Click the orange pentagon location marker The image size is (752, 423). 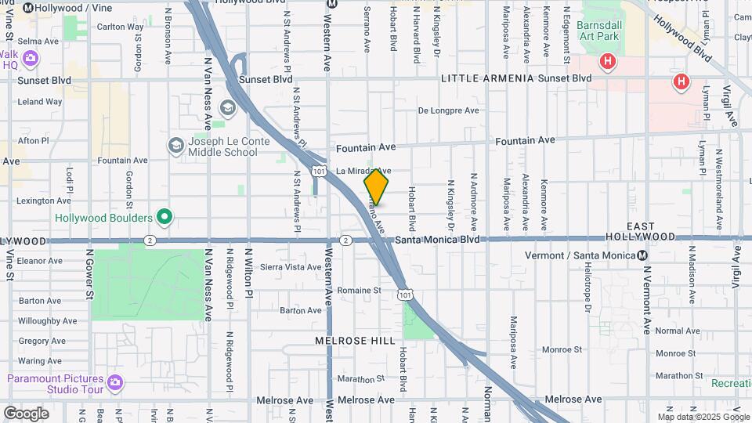(376, 186)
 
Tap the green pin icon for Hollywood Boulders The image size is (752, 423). (164, 216)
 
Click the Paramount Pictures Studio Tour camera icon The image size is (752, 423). (116, 383)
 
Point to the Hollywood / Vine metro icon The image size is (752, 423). (28, 7)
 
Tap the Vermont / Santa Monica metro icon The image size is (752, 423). (642, 255)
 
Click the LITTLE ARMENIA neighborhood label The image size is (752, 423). (487, 78)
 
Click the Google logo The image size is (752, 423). (26, 413)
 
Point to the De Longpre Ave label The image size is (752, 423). (448, 110)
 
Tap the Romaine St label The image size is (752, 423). (359, 290)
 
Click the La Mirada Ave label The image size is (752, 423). (362, 170)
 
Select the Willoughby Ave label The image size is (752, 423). (47, 320)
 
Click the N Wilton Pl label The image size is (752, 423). (248, 271)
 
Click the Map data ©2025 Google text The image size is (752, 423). (703, 416)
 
